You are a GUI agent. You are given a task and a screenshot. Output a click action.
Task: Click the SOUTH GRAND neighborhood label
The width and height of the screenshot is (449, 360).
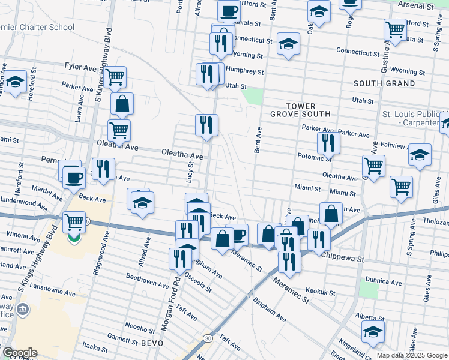pyautogui.click(x=384, y=83)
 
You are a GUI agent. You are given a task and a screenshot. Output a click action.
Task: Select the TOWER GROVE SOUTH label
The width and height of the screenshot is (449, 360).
pyautogui.click(x=300, y=110)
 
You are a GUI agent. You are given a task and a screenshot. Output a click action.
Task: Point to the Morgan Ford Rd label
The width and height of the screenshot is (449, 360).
pyautogui.click(x=169, y=305)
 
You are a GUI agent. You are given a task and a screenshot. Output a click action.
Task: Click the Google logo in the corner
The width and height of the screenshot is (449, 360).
pyautogui.click(x=19, y=353)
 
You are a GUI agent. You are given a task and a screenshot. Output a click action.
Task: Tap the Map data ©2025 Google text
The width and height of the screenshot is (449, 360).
pyautogui.click(x=412, y=355)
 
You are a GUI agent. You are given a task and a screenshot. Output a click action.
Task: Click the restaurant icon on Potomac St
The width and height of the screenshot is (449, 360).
pyautogui.click(x=328, y=142)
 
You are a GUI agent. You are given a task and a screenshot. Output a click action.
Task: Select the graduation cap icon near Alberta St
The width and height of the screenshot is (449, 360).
pyautogui.click(x=373, y=330)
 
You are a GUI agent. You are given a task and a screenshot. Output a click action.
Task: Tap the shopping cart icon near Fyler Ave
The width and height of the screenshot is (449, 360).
pyautogui.click(x=115, y=76)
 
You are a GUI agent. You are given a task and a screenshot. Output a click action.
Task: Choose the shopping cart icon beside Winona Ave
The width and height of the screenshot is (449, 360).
pyautogui.click(x=74, y=222)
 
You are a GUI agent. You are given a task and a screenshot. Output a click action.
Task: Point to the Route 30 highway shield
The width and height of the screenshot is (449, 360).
pyautogui.click(x=207, y=338)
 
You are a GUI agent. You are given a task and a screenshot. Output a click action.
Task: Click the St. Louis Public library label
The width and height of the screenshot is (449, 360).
pyautogui.click(x=414, y=118)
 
